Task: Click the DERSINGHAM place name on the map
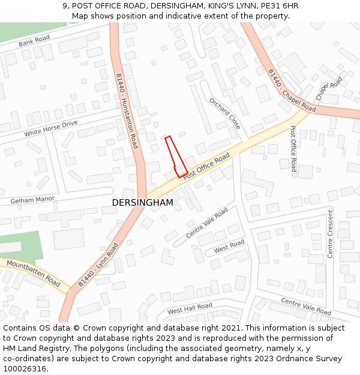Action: (x=142, y=203)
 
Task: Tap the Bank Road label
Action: (x=34, y=41)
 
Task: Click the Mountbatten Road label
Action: (x=34, y=273)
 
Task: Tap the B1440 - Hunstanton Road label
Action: (x=127, y=112)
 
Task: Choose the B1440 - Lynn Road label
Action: (x=98, y=265)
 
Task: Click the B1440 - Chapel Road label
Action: (x=292, y=91)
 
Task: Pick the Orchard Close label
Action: (x=225, y=114)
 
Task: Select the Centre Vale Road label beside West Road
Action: (x=207, y=223)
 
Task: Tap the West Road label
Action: (x=229, y=246)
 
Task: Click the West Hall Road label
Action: (x=190, y=308)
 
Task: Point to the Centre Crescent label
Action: (x=330, y=234)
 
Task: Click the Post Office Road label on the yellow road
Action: (x=206, y=166)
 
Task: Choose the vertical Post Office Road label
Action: (x=293, y=149)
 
